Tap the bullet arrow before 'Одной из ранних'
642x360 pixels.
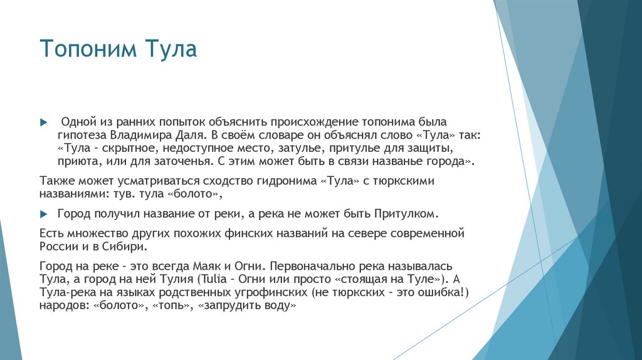click(43, 120)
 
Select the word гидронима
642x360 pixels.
click(287, 181)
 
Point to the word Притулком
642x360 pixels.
click(404, 213)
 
